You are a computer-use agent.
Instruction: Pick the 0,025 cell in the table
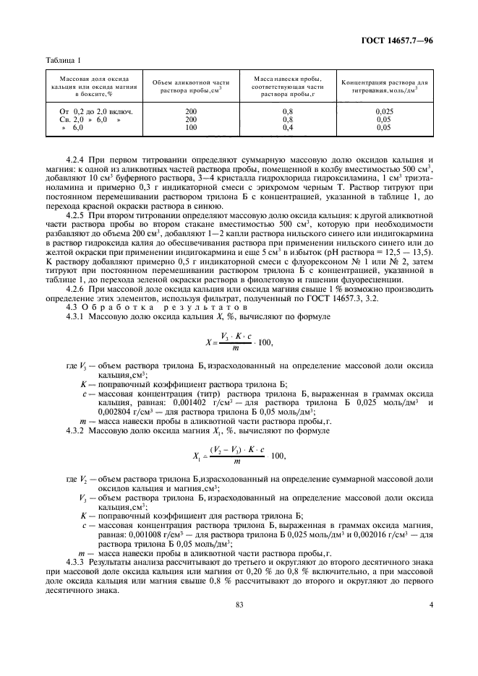pos(384,111)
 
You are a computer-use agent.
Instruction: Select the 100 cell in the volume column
pos(192,126)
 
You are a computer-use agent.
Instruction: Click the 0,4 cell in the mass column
pos(288,126)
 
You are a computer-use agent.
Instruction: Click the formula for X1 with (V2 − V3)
pos(239,455)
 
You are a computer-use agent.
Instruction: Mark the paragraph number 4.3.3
pos(77,561)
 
